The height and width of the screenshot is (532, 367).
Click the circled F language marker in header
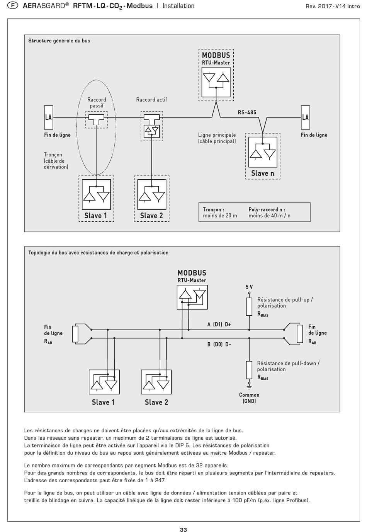click(13, 6)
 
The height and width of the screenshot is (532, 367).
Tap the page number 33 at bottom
click(183, 529)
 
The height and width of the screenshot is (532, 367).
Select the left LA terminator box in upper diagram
click(48, 117)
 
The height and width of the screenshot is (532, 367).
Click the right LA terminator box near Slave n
click(305, 117)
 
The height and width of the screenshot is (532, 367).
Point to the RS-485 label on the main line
click(247, 112)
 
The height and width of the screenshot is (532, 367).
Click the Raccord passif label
click(97, 102)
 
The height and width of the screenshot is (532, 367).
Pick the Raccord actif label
click(151, 100)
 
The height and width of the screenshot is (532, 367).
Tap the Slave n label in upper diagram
click(263, 173)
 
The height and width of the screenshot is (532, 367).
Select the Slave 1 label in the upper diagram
click(96, 216)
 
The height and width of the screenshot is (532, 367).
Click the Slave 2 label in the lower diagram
click(156, 402)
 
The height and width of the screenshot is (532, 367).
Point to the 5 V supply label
click(249, 287)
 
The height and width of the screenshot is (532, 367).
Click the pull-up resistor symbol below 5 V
click(249, 306)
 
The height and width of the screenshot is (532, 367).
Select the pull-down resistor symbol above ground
click(249, 370)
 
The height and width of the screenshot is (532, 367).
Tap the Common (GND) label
click(249, 398)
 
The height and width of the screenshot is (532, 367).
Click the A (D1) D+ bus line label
click(219, 325)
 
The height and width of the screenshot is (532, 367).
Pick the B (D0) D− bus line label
click(219, 344)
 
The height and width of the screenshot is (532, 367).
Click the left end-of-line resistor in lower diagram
click(75, 334)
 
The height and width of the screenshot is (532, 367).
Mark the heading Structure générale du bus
click(59, 41)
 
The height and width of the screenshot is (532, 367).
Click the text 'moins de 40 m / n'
click(269, 216)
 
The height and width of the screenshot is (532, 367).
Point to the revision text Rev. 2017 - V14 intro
click(332, 6)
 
